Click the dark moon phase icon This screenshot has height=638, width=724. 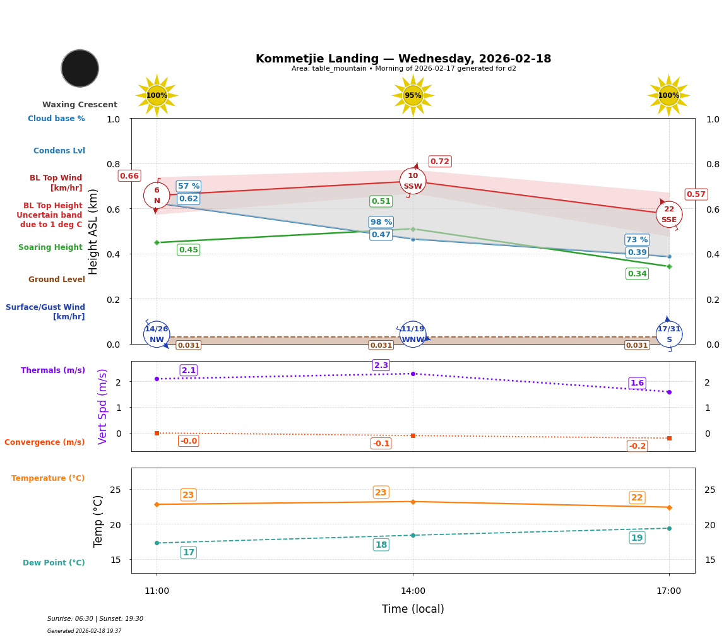click(80, 68)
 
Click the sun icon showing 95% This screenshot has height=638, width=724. click(413, 95)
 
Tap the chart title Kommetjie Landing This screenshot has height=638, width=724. click(403, 59)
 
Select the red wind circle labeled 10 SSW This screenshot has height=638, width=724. click(413, 181)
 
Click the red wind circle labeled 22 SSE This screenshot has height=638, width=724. click(669, 215)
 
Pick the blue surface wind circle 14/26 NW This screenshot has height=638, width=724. click(157, 334)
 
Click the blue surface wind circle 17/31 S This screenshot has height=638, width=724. click(669, 334)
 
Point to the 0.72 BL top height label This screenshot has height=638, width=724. click(440, 162)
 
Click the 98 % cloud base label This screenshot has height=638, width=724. click(381, 222)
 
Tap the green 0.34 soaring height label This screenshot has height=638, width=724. click(637, 274)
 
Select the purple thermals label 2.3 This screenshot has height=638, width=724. click(381, 365)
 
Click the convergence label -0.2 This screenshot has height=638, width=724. click(637, 446)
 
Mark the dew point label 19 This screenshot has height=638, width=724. click(637, 538)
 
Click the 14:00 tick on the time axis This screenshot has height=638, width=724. click(413, 591)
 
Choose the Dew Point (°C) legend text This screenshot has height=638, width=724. click(54, 563)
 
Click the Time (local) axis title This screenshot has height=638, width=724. click(413, 609)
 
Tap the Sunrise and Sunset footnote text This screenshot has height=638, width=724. click(95, 619)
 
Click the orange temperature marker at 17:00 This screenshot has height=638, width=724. click(669, 507)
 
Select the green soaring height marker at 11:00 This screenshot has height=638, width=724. click(157, 242)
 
